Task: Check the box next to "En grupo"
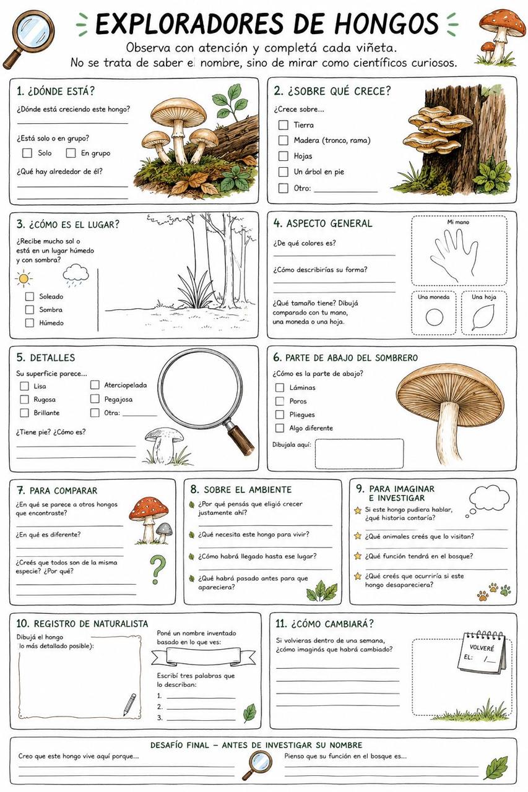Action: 71,153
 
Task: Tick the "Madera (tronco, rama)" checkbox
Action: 283,140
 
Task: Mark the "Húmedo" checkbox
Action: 30,323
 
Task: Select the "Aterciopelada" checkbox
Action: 95,385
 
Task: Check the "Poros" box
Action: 280,401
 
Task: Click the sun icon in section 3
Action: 24,278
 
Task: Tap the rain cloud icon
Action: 76,275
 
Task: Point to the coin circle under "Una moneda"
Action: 435,317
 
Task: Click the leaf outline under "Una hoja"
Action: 483,317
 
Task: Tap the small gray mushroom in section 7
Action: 164,533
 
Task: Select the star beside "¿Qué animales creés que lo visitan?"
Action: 358,536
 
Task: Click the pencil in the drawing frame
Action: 129,704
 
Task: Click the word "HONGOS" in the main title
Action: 387,24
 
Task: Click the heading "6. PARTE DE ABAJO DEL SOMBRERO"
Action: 345,358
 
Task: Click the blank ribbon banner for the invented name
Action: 204,656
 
